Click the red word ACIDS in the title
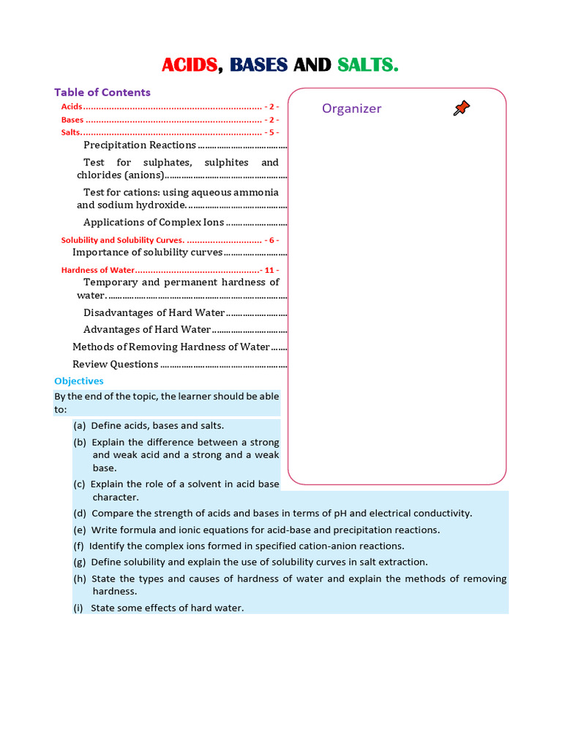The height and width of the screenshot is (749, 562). pos(190,65)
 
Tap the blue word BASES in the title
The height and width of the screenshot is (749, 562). pos(258,65)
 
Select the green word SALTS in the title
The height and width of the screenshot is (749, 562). pos(367,65)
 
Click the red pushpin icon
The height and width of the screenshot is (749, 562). pos(461,109)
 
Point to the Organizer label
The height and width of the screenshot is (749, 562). pos(351,109)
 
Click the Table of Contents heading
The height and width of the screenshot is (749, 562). pos(102,92)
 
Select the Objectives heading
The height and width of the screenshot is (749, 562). pos(79,381)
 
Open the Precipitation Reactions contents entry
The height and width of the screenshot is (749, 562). pos(139,145)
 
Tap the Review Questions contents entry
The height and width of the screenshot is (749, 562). pos(115,364)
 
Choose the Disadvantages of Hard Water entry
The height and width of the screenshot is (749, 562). pos(154,312)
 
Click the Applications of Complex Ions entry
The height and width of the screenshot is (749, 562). pos(154,222)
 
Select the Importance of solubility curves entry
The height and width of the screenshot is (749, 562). pos(147,252)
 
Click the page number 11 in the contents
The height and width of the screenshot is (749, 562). pos(271,270)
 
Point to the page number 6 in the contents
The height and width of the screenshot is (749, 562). pos(271,240)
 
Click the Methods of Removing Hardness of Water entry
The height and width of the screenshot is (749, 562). pos(171,347)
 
